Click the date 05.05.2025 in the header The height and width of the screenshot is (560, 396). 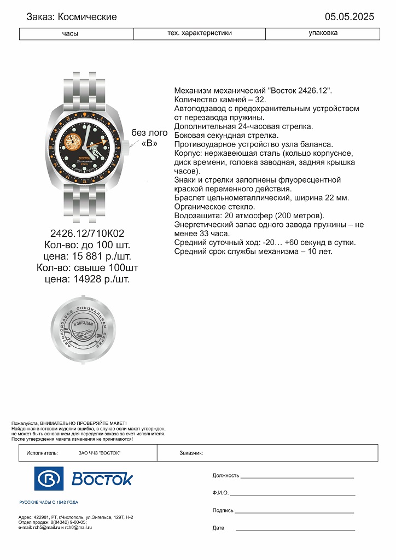pos(349,17)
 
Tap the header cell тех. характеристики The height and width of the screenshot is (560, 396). pos(200,33)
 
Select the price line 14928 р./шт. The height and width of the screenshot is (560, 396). pos(88,279)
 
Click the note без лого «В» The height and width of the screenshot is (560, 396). pos(149,138)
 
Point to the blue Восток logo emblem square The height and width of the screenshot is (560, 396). pos(49,479)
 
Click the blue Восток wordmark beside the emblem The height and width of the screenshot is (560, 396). pos(102,479)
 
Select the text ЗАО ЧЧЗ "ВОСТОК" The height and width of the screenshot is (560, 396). pos(100,453)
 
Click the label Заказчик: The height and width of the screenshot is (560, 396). pos(191,453)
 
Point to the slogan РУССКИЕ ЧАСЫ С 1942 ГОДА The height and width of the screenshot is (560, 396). pos(49,502)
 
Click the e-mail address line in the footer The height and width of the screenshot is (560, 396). pos(55,527)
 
